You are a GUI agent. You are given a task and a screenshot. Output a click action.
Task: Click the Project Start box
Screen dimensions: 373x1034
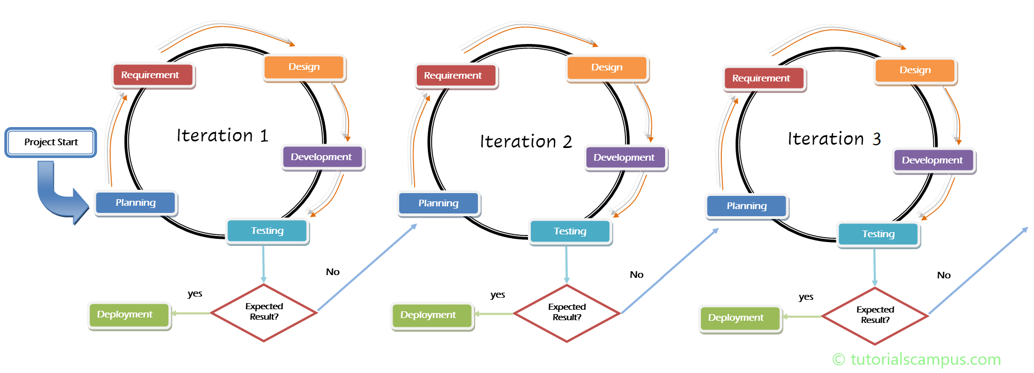click(51, 142)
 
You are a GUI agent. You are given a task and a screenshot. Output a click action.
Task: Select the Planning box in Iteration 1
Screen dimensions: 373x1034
click(135, 203)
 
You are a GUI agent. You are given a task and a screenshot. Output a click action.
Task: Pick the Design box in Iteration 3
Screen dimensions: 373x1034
click(915, 70)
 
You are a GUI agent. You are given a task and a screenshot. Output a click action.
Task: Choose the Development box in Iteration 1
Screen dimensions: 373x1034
click(322, 157)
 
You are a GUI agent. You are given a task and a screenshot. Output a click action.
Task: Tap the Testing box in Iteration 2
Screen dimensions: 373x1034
click(570, 232)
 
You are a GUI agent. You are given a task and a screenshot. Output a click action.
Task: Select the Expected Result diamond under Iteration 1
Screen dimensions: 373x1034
click(264, 312)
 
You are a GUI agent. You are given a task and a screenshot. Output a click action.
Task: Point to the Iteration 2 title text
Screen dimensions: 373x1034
click(526, 141)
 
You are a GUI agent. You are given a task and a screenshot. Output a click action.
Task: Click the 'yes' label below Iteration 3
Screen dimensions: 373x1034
click(806, 297)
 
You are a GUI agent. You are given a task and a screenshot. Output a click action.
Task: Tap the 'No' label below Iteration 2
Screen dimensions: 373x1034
click(636, 275)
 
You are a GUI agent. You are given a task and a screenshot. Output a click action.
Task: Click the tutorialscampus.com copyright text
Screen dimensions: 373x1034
click(916, 359)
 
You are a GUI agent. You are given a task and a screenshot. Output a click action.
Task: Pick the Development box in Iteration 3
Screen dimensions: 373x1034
click(933, 161)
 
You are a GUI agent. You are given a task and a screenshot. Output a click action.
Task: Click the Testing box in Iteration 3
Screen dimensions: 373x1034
click(878, 234)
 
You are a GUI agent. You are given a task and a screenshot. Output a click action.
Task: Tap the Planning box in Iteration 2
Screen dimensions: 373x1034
click(438, 204)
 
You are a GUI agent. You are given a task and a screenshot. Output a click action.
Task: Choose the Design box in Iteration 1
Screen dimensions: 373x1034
click(304, 67)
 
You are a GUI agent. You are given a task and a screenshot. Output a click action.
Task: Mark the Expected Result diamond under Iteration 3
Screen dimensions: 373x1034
click(875, 315)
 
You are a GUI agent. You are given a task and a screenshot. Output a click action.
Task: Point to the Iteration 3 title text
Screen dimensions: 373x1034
click(834, 139)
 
